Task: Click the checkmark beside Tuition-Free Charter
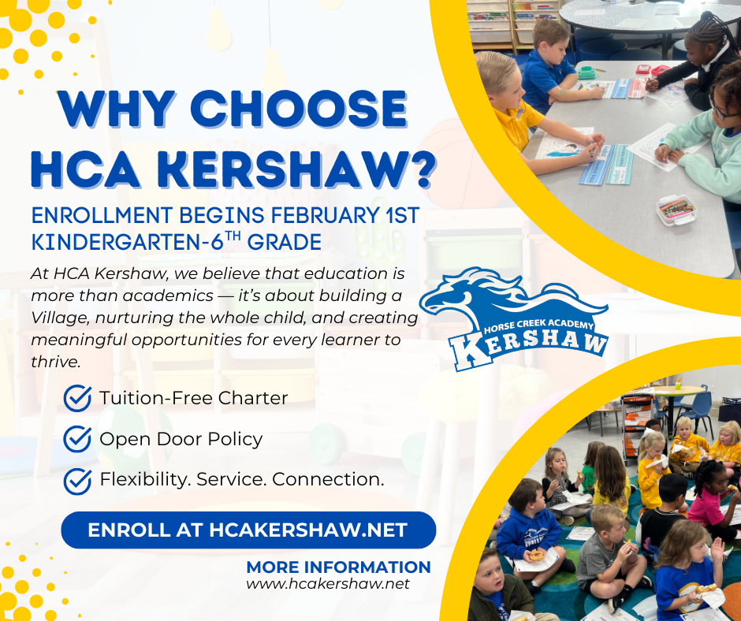pyautogui.click(x=77, y=399)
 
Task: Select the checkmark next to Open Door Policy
pyautogui.click(x=77, y=439)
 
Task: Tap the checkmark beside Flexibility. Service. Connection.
pyautogui.click(x=77, y=480)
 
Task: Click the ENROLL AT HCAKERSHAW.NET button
pyautogui.click(x=248, y=530)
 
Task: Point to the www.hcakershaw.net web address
pyautogui.click(x=328, y=584)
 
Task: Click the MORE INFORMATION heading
pyautogui.click(x=338, y=567)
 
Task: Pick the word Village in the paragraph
pyautogui.click(x=59, y=318)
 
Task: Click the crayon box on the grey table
pyautogui.click(x=676, y=210)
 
